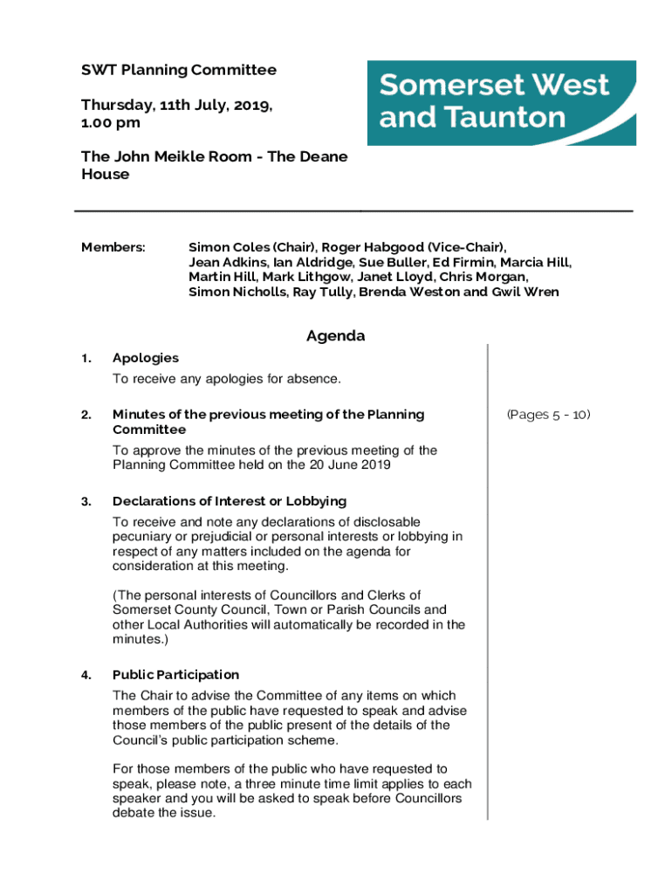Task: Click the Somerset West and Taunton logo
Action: (x=501, y=102)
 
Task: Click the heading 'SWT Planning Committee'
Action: (x=179, y=70)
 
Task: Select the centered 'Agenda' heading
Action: (x=335, y=336)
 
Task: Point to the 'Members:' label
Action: (x=113, y=247)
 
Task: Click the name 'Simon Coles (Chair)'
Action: (x=250, y=247)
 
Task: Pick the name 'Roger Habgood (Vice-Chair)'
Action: (x=413, y=247)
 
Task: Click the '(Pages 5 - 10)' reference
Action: (x=548, y=415)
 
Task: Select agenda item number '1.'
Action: (x=86, y=358)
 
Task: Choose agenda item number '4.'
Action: (x=86, y=675)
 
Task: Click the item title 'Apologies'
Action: (x=146, y=358)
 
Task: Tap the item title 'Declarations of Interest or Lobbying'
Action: (x=230, y=501)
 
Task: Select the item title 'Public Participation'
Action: (x=175, y=675)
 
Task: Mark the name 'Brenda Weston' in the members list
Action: (x=408, y=292)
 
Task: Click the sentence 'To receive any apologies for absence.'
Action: (x=226, y=379)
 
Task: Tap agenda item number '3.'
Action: (x=86, y=501)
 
